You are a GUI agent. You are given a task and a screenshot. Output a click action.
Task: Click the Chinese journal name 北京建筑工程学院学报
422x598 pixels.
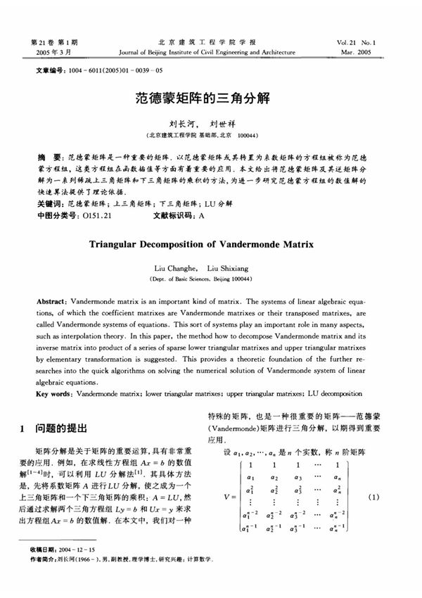point(210,42)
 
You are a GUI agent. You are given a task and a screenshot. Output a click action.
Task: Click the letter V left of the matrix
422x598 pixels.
point(224,498)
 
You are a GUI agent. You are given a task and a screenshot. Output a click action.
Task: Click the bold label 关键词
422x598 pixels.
point(51,205)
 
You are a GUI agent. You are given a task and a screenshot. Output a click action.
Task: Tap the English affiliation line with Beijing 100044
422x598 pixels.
point(210,279)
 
